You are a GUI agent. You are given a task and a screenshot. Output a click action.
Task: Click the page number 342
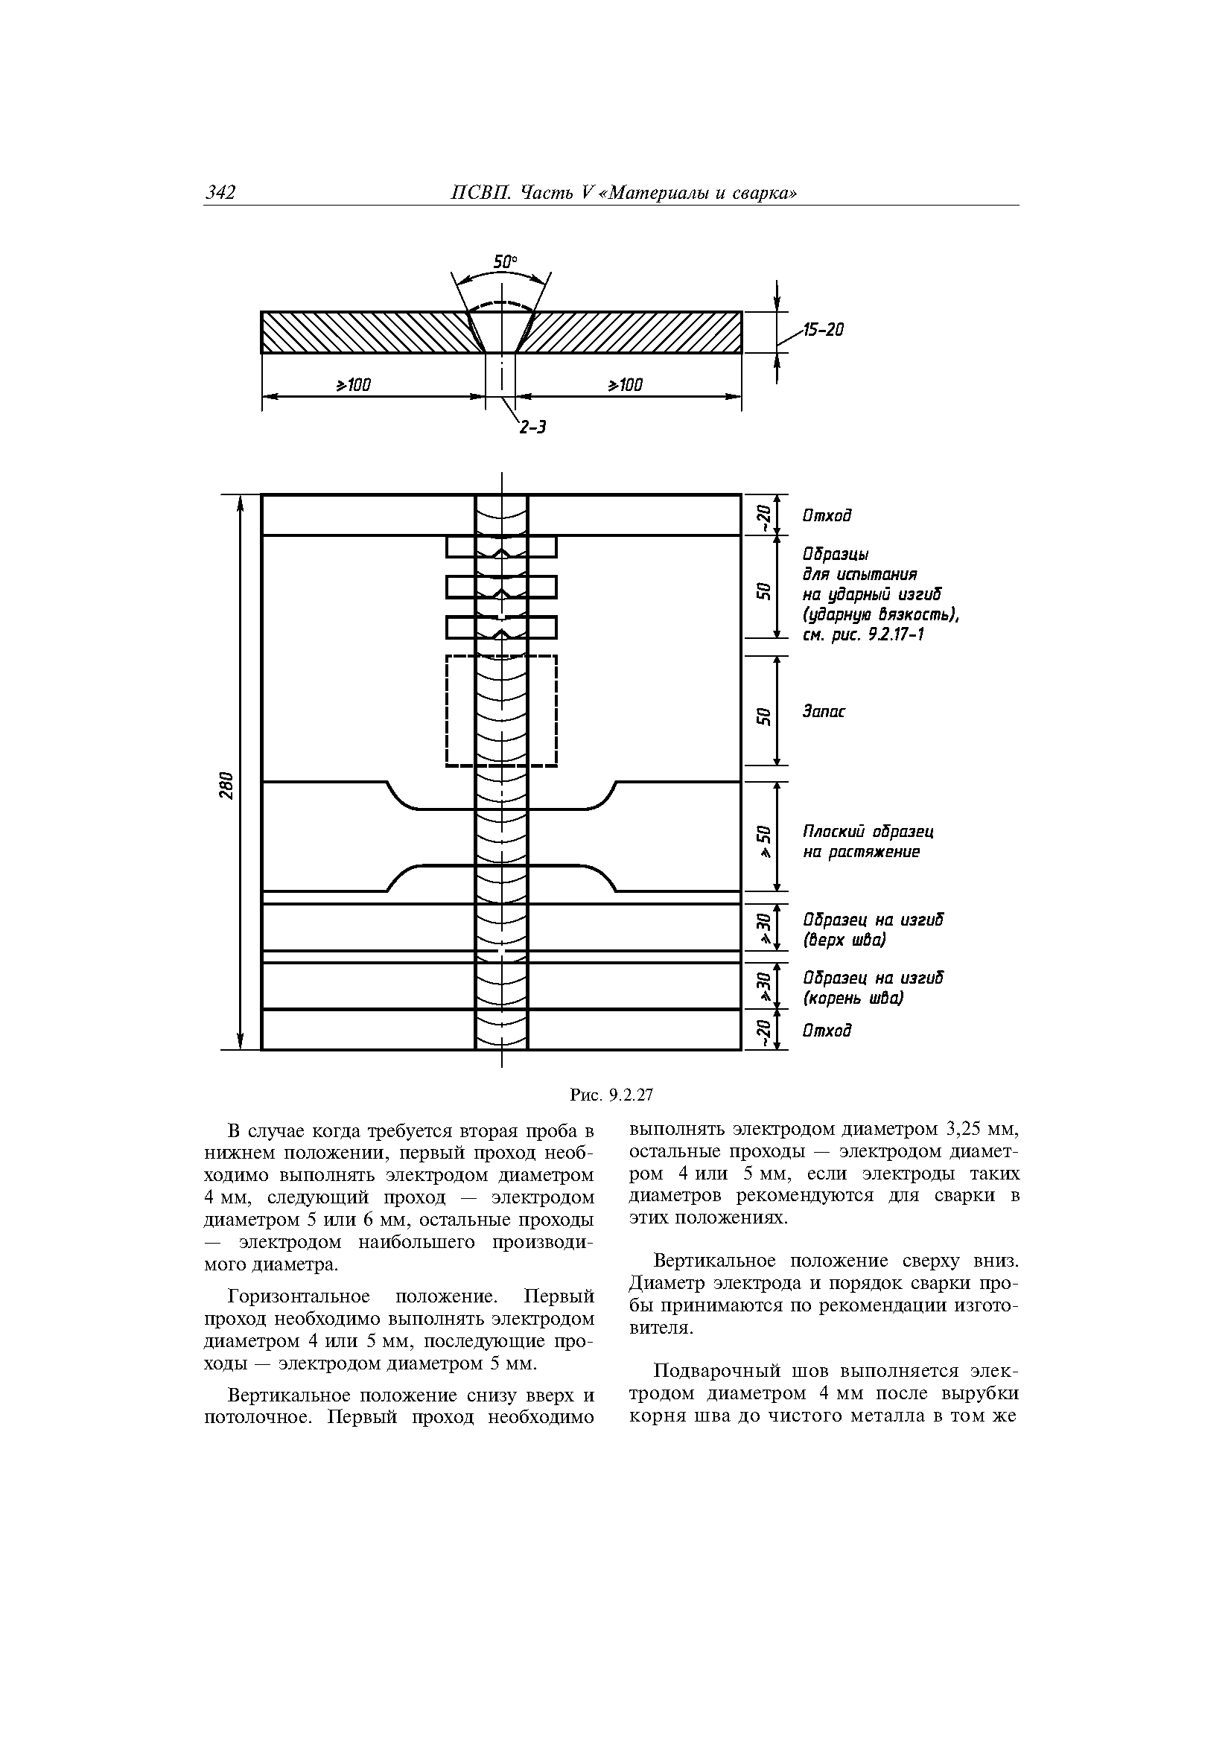click(220, 194)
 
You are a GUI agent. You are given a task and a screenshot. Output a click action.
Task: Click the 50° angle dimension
click(505, 261)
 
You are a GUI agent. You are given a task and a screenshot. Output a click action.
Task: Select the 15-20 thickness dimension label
click(823, 330)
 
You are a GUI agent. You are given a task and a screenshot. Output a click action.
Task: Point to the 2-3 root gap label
click(532, 427)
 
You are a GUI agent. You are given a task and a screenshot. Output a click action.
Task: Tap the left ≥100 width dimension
click(354, 385)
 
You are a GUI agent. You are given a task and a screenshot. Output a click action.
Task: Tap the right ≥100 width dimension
click(625, 385)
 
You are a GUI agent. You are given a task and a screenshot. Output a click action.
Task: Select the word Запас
click(824, 712)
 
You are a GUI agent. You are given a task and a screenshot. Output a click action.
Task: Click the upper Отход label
click(827, 515)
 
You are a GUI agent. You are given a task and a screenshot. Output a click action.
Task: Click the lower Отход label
click(827, 1031)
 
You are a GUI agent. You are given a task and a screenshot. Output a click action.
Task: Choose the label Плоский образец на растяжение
click(867, 841)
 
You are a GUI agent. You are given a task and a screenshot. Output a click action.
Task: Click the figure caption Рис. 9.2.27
click(611, 1095)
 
